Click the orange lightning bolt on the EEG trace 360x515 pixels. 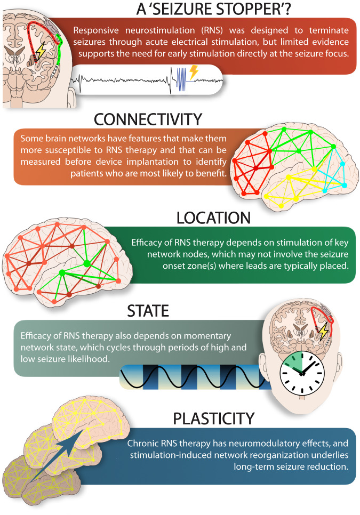(x=194, y=72)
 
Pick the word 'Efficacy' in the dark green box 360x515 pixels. (x=147, y=243)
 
